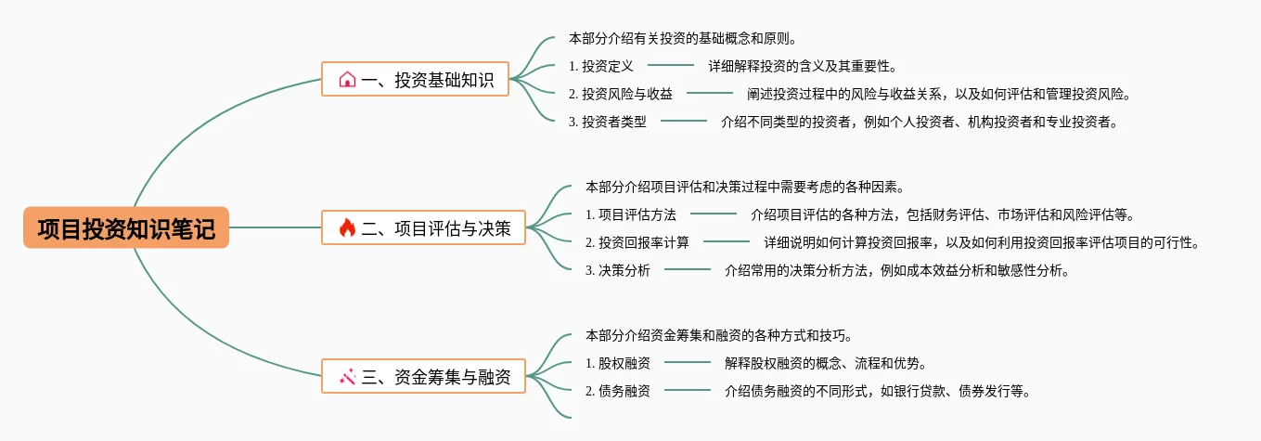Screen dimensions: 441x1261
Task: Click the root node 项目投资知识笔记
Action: [126, 227]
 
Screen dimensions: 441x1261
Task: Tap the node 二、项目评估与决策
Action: [423, 227]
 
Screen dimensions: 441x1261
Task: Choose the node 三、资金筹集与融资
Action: [423, 376]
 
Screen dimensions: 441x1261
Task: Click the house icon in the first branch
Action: [347, 80]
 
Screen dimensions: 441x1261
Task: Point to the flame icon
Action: [347, 227]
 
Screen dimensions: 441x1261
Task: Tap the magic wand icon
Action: [347, 376]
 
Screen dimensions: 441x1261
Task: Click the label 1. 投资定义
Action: [601, 66]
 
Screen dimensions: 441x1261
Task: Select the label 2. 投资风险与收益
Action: [621, 94]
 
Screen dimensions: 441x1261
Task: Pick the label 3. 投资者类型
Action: [608, 122]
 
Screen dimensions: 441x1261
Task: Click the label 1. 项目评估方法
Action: [631, 215]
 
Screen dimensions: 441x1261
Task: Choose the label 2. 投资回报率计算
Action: [637, 243]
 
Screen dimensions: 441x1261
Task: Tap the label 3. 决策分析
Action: [618, 271]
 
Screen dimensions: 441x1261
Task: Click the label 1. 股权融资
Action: [618, 363]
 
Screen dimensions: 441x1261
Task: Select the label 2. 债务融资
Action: [618, 391]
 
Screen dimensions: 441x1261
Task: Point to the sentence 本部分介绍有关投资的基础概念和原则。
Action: [684, 39]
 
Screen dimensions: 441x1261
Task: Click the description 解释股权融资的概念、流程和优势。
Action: [826, 363]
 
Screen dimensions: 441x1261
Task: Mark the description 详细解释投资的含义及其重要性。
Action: [803, 66]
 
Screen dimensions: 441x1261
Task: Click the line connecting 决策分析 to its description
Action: [688, 270]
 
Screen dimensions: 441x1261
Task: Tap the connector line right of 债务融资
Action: [688, 390]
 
